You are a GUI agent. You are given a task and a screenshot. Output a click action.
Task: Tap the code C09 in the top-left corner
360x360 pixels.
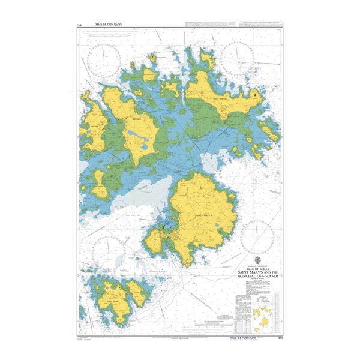(x=79, y=25)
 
